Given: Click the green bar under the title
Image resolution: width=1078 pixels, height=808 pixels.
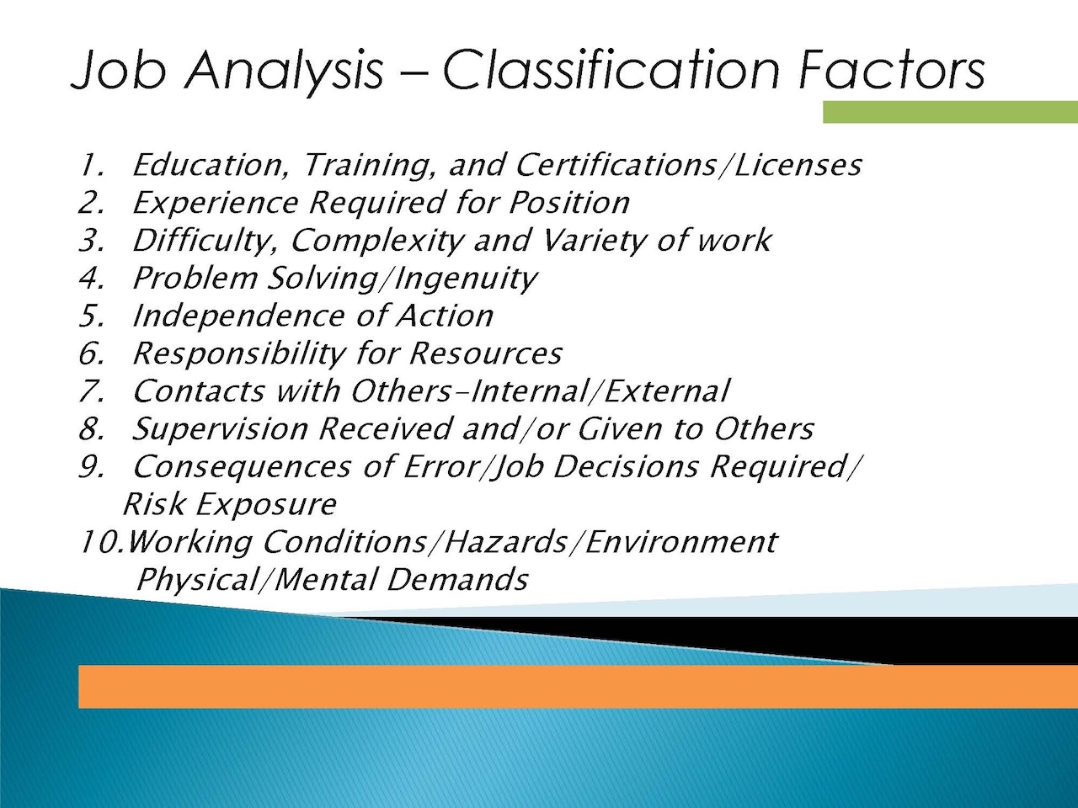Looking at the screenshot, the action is (x=950, y=112).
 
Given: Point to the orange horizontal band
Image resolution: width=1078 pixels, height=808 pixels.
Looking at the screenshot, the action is (x=578, y=686).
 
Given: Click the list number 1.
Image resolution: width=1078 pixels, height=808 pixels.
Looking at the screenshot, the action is (x=92, y=165).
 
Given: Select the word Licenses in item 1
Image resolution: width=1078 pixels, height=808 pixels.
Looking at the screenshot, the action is (x=798, y=165).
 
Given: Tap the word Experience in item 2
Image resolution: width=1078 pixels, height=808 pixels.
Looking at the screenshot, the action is (x=216, y=203).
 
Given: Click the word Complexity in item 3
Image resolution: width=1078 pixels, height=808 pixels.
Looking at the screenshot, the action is (x=377, y=241).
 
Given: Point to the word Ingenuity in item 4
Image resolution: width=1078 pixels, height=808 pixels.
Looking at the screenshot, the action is (x=465, y=278).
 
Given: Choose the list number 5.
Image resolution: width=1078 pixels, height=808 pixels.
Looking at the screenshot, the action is (x=92, y=316).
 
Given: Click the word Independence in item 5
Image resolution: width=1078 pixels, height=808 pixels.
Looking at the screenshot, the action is (x=238, y=316).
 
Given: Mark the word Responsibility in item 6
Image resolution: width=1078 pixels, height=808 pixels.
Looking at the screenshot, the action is (x=239, y=353).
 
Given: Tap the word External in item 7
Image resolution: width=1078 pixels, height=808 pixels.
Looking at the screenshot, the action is (x=666, y=391).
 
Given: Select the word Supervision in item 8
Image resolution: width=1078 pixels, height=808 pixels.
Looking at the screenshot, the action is (x=221, y=429).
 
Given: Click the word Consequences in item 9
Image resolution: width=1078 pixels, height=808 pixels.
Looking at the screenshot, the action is (x=242, y=467).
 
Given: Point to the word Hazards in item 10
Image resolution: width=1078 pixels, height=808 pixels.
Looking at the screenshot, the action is (x=506, y=542).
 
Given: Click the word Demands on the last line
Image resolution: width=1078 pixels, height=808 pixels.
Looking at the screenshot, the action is (x=456, y=579).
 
